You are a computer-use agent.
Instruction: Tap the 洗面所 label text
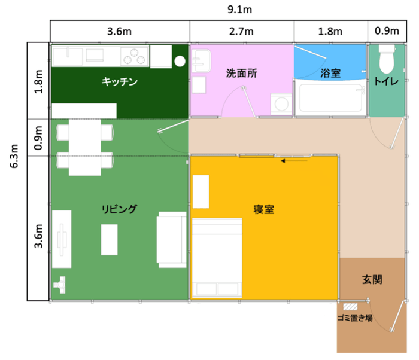tap(241, 74)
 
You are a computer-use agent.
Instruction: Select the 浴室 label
tap(330, 73)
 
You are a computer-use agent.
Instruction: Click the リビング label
tap(119, 209)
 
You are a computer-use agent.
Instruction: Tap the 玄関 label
tap(372, 279)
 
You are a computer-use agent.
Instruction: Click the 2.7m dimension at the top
tap(242, 31)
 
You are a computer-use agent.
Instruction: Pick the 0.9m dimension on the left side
tap(38, 138)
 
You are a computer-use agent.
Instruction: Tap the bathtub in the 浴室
tap(329, 99)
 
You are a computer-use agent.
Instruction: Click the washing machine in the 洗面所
tap(280, 103)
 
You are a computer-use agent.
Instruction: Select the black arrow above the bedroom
tap(294, 160)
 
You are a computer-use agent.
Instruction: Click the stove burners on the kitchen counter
tap(134, 56)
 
